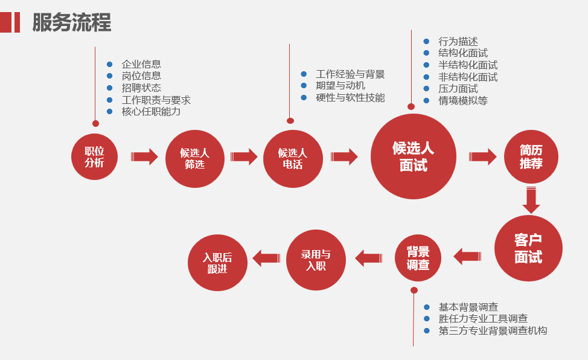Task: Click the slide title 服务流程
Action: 71,22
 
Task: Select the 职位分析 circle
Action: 95,156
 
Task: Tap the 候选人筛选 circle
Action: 194,157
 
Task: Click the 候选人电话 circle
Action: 293,158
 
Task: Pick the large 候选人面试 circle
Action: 414,156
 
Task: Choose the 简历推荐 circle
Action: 531,156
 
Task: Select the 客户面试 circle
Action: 528,248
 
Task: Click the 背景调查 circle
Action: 418,257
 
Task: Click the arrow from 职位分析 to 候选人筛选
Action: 145,157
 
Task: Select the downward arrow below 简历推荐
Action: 531,200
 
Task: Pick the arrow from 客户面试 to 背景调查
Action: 467,257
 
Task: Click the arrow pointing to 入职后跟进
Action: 266,259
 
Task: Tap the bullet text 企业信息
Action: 141,64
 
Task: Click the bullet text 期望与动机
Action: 340,86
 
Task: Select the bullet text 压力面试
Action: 458,89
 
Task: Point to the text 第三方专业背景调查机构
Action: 493,330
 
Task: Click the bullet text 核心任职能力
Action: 151,111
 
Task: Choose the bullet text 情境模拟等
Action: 463,101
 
